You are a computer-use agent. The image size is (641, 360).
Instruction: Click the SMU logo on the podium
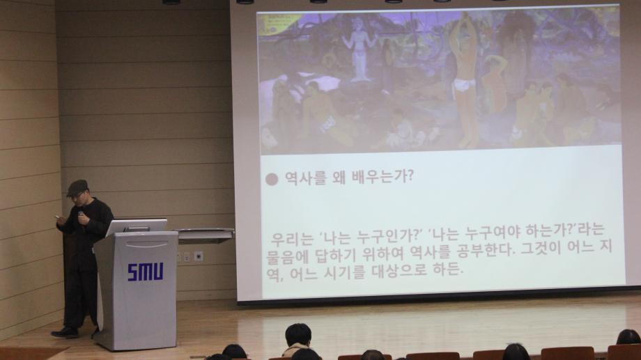(145, 272)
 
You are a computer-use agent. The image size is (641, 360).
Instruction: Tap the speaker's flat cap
(77, 187)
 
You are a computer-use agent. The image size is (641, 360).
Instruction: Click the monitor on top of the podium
(137, 227)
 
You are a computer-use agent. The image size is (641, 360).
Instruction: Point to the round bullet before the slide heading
(272, 179)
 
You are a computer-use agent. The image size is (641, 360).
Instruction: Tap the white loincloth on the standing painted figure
(465, 85)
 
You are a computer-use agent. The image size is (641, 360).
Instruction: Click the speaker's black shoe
(65, 333)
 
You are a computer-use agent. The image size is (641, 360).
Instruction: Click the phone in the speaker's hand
(56, 217)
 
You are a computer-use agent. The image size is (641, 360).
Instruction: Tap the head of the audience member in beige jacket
(298, 335)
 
